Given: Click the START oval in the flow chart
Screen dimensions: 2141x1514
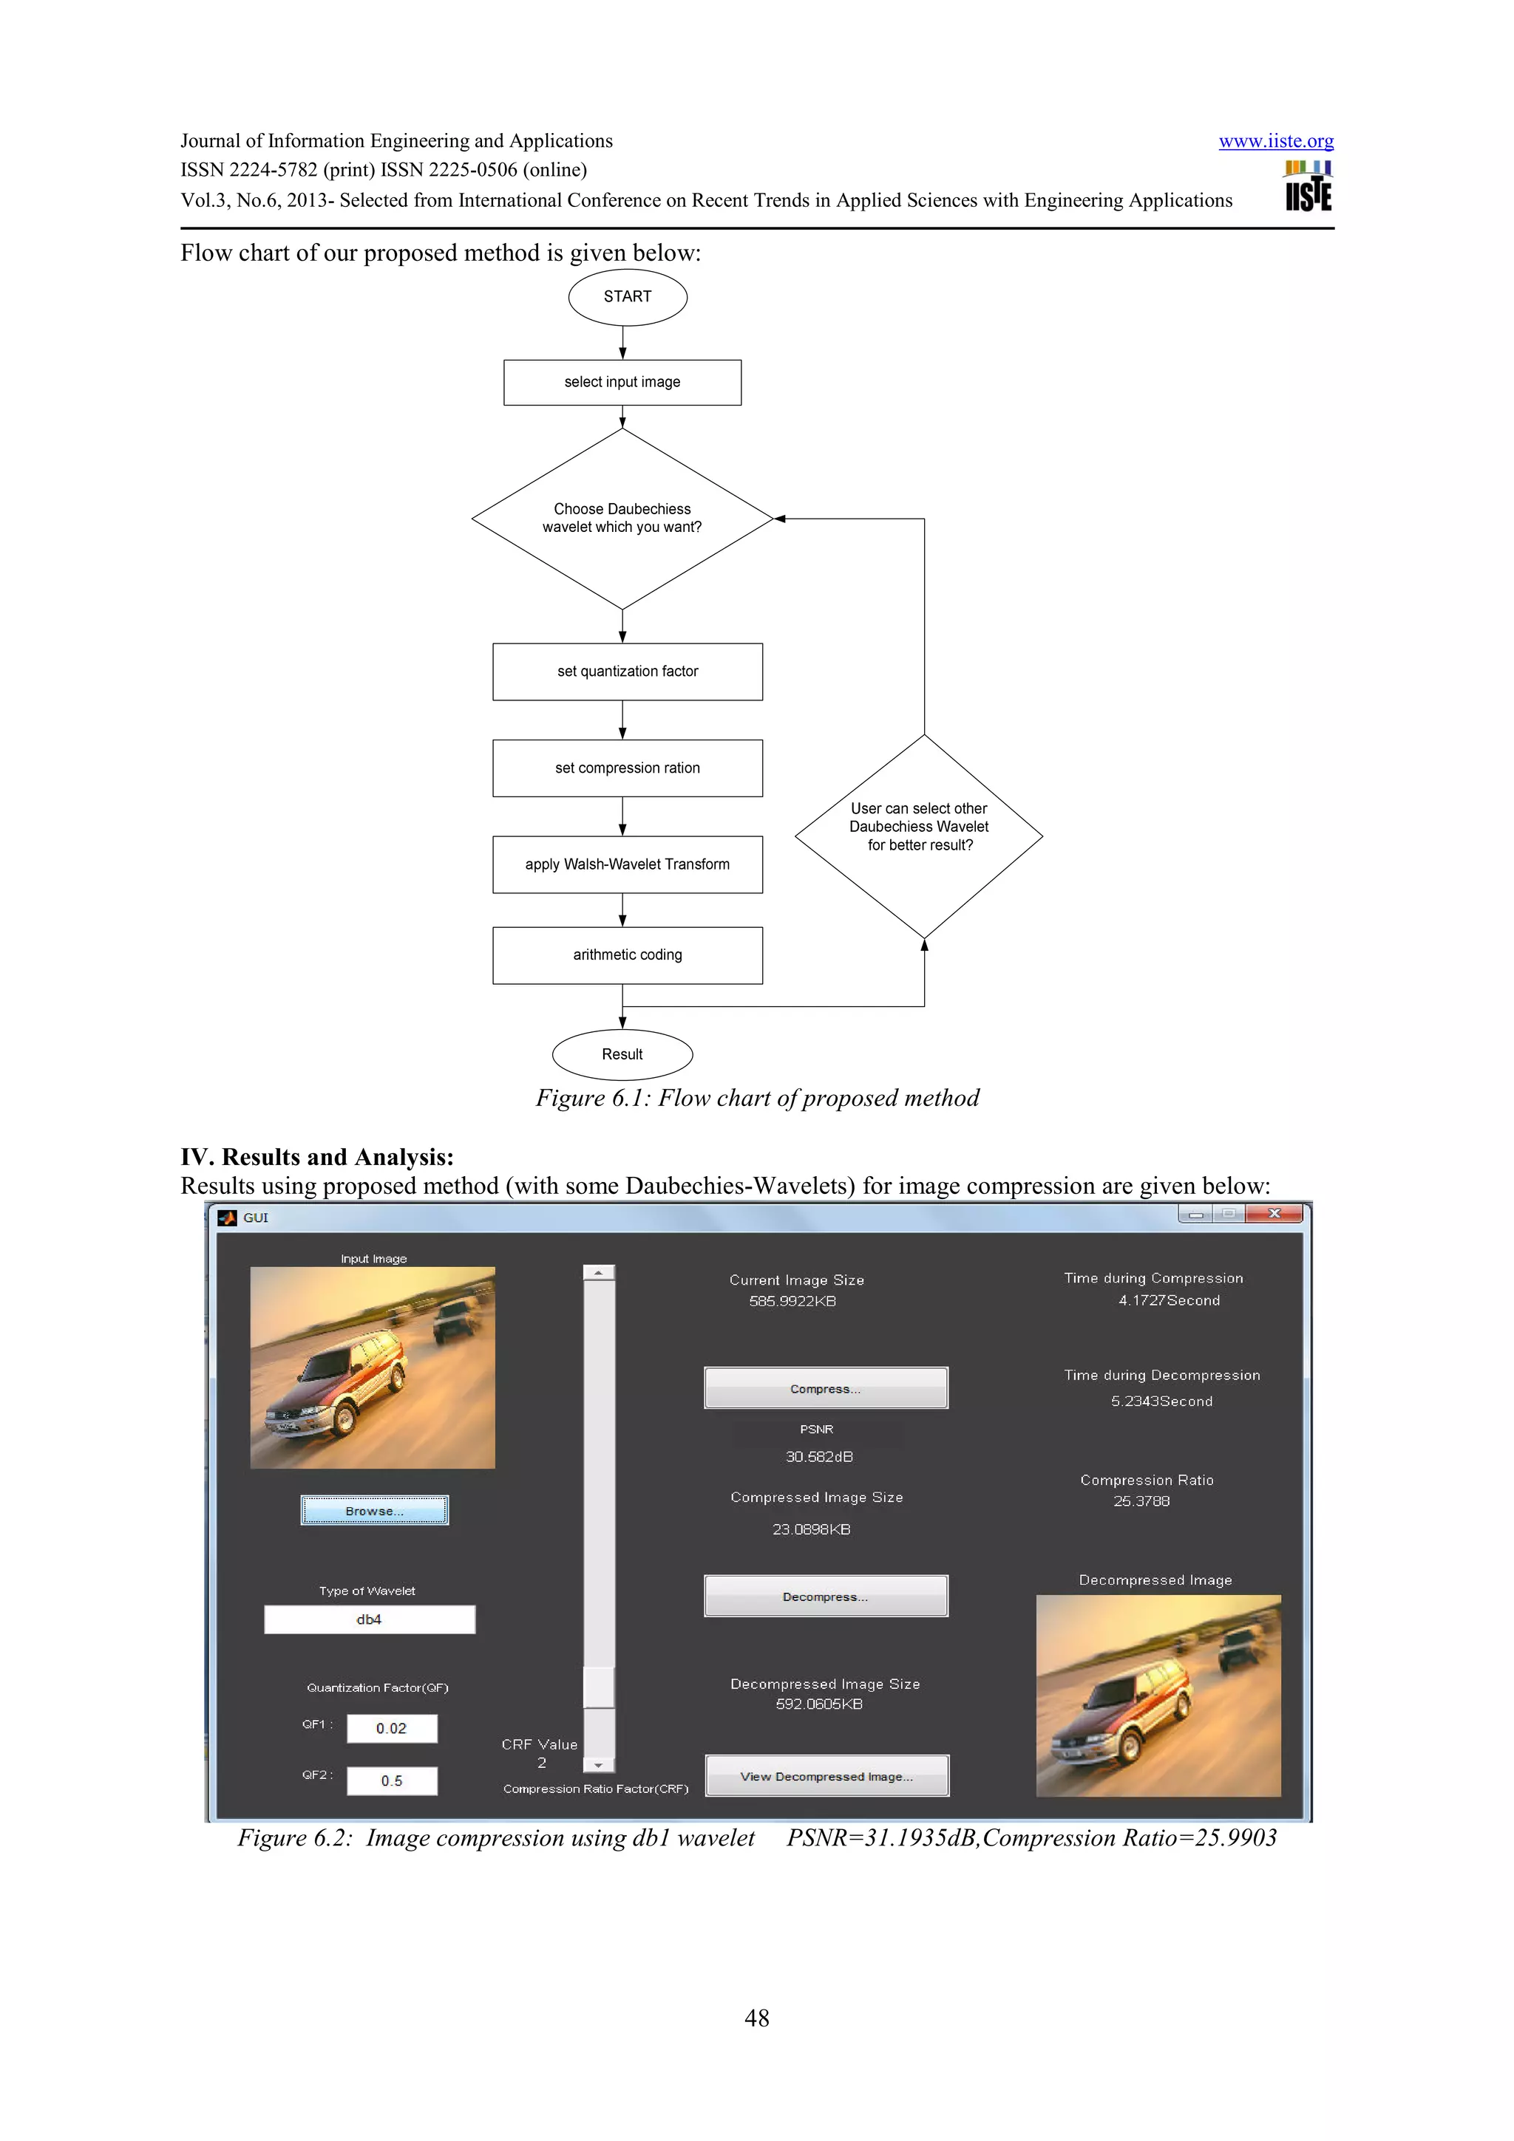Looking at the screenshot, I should [x=627, y=296].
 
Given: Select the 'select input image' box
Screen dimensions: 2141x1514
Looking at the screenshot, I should [x=622, y=383].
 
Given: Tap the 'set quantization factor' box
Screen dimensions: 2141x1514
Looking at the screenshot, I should [x=627, y=672].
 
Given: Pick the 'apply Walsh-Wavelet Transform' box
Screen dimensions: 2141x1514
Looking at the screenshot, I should [x=627, y=864].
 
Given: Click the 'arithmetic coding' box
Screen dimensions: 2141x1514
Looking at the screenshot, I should [x=627, y=955].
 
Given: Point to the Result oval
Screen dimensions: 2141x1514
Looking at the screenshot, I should [x=622, y=1055].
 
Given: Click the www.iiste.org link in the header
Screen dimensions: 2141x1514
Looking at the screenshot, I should [x=1275, y=141].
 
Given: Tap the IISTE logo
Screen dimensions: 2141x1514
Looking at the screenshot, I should [x=1308, y=186].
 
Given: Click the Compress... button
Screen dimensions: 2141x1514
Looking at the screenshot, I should [x=826, y=1387].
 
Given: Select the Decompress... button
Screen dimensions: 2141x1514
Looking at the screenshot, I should [x=826, y=1596].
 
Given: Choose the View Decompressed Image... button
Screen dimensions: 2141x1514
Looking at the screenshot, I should [x=826, y=1775].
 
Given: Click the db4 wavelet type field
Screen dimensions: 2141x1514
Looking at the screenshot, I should [x=370, y=1619].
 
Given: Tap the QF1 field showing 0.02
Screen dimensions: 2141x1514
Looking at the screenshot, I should [x=392, y=1728].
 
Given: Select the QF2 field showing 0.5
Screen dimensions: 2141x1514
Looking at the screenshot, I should [x=392, y=1780].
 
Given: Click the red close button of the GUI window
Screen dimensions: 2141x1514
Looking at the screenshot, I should [x=1274, y=1213].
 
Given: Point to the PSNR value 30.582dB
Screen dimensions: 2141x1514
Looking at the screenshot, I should [x=819, y=1457].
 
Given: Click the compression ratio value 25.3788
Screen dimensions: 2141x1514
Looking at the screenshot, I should [x=1141, y=1501].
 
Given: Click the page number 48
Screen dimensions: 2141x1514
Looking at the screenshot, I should [x=756, y=2018].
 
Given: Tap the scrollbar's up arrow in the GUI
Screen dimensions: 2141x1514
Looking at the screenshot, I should [x=598, y=1272].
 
